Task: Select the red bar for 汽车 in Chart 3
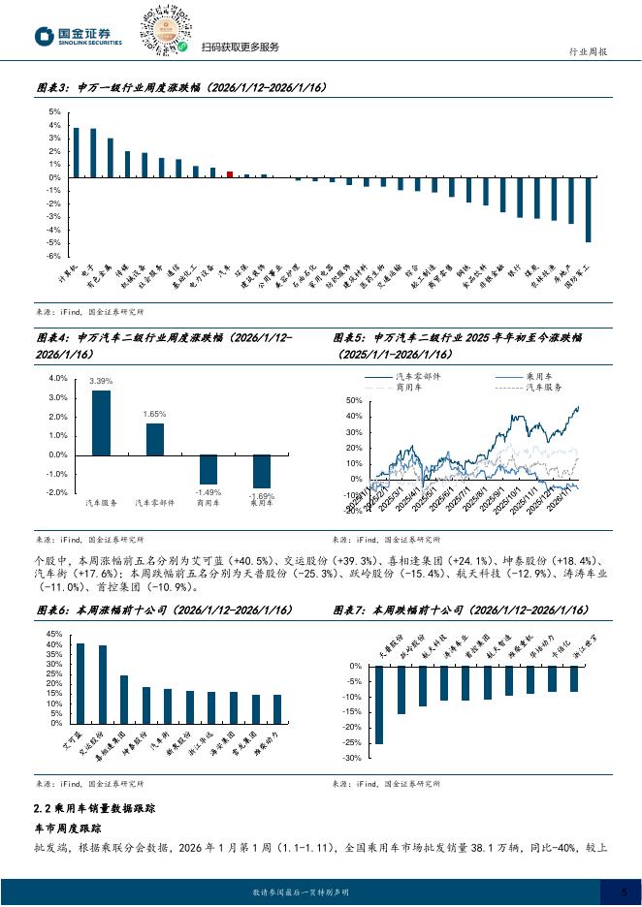(230, 174)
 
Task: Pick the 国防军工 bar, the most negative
(588, 209)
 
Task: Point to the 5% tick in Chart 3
(55, 112)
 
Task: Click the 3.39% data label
(101, 382)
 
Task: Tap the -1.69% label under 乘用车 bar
(262, 496)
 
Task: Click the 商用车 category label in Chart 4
(209, 503)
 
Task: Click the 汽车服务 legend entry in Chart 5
(543, 386)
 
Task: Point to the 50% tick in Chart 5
(352, 400)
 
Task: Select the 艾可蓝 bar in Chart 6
(80, 683)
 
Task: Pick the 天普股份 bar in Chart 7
(378, 704)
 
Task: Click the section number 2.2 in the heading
(42, 807)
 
